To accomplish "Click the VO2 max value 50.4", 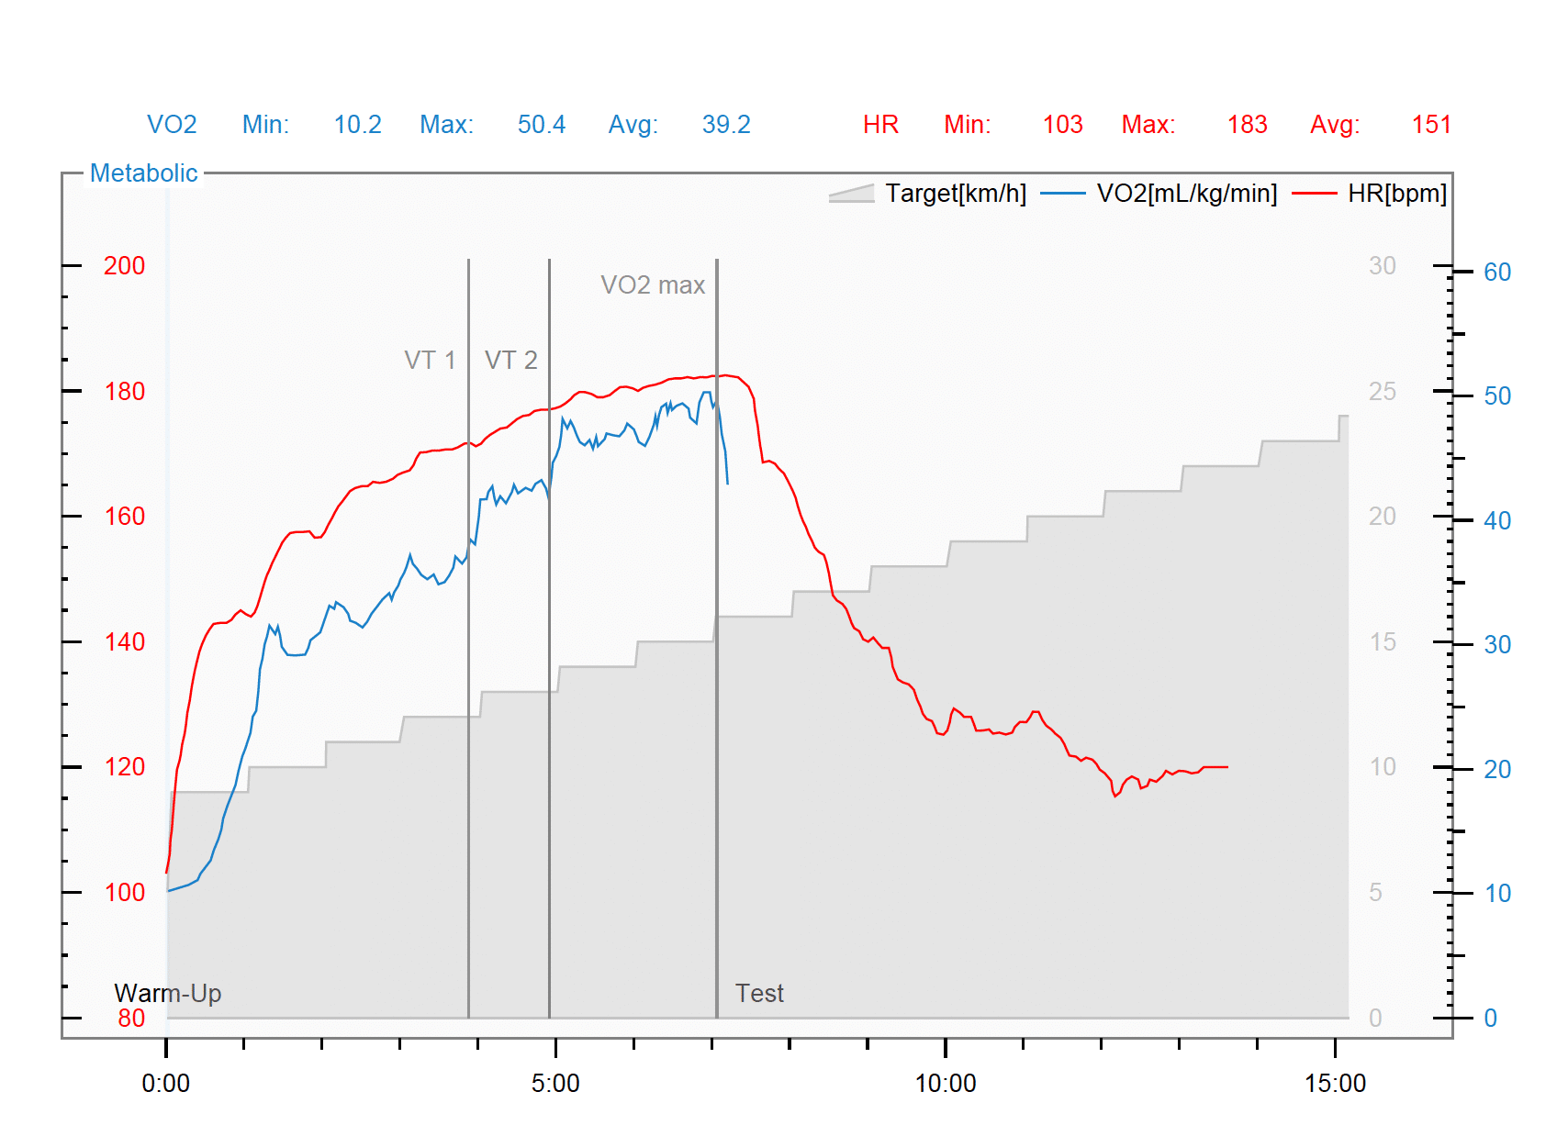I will pos(541,125).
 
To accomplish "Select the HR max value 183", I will pos(1247,125).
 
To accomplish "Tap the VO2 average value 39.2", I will pos(725,125).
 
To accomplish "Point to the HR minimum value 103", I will pos(1062,125).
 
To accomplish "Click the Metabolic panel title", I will pos(143,173).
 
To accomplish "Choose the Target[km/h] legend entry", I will pos(955,194).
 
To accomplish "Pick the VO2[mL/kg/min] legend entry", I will pos(1186,194).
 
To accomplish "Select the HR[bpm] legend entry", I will pos(1396,194).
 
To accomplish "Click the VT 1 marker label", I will pos(430,360).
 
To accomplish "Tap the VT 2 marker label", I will pos(510,360).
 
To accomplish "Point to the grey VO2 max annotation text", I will pos(653,285).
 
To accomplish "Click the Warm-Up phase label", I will pos(167,994).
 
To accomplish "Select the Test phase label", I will pos(759,994).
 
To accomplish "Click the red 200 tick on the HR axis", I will pos(124,266).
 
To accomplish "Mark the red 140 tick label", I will pos(124,642).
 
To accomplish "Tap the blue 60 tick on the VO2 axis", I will pos(1497,273).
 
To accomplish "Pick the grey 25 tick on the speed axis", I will pos(1382,392).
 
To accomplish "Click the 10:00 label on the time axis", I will pos(945,1084).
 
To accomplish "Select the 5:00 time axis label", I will pos(554,1084).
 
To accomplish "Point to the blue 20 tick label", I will pos(1497,770).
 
